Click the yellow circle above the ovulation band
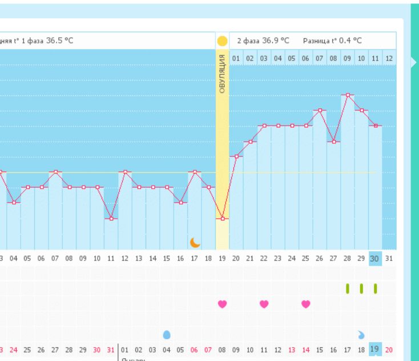(x=222, y=41)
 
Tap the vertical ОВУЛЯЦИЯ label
(x=222, y=74)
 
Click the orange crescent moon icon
(x=195, y=242)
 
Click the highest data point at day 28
(x=348, y=95)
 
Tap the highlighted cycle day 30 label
(x=375, y=258)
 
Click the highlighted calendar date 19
(x=375, y=350)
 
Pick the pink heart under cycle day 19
(x=222, y=304)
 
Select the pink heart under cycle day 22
(x=264, y=304)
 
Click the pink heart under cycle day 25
(x=306, y=304)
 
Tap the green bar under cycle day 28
(x=348, y=288)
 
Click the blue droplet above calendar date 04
(x=167, y=335)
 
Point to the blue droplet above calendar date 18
(x=361, y=335)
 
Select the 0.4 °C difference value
(x=349, y=41)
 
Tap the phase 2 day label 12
(x=389, y=58)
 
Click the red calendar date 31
(x=111, y=350)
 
